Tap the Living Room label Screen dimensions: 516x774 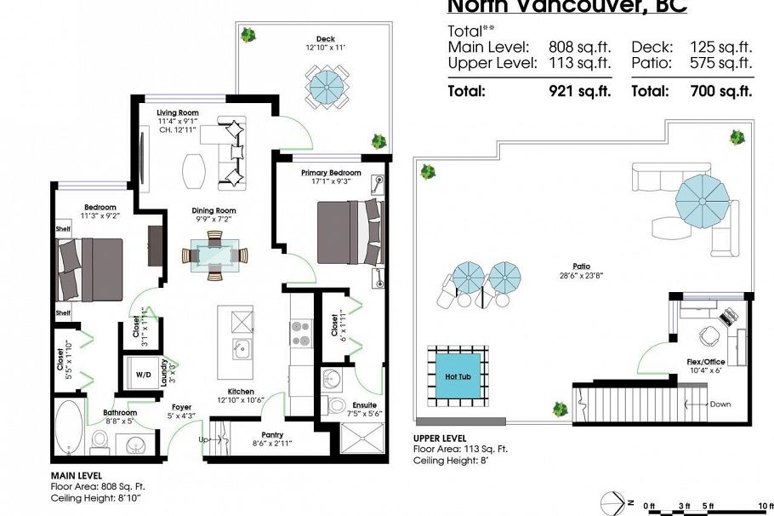(178, 112)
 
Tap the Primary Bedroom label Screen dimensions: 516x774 (331, 173)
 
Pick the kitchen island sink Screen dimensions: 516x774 (241, 347)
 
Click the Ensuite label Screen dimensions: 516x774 (364, 404)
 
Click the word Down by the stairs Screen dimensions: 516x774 (720, 404)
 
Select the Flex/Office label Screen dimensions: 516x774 (706, 362)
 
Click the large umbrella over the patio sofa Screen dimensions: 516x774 (703, 202)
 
